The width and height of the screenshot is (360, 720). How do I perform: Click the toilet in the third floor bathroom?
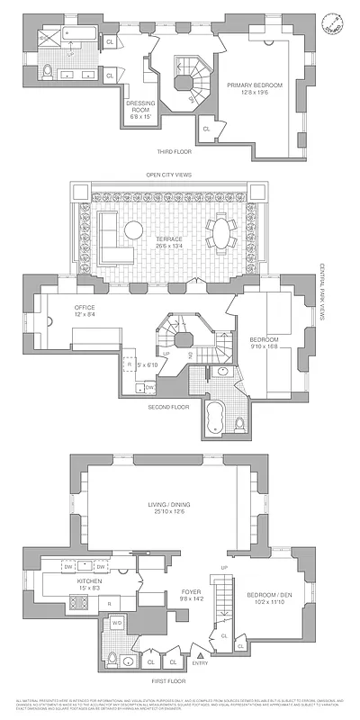[x=47, y=72]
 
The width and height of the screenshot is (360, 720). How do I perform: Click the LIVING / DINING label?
[x=166, y=508]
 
